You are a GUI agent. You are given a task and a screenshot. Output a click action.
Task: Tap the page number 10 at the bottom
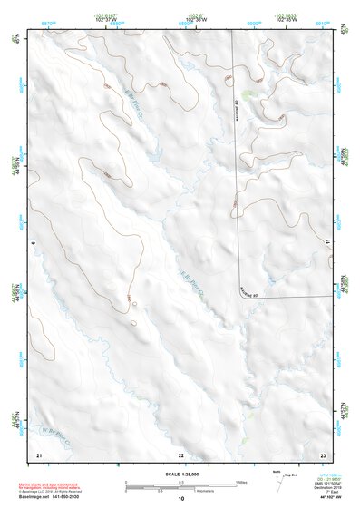(180, 499)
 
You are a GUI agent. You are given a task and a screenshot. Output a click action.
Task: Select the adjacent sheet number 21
(38, 454)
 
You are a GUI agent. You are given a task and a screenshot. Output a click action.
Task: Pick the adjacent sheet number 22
(180, 454)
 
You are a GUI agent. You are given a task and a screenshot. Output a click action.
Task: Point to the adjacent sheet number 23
(323, 454)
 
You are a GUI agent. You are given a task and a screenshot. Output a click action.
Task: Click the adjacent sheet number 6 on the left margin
(33, 243)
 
